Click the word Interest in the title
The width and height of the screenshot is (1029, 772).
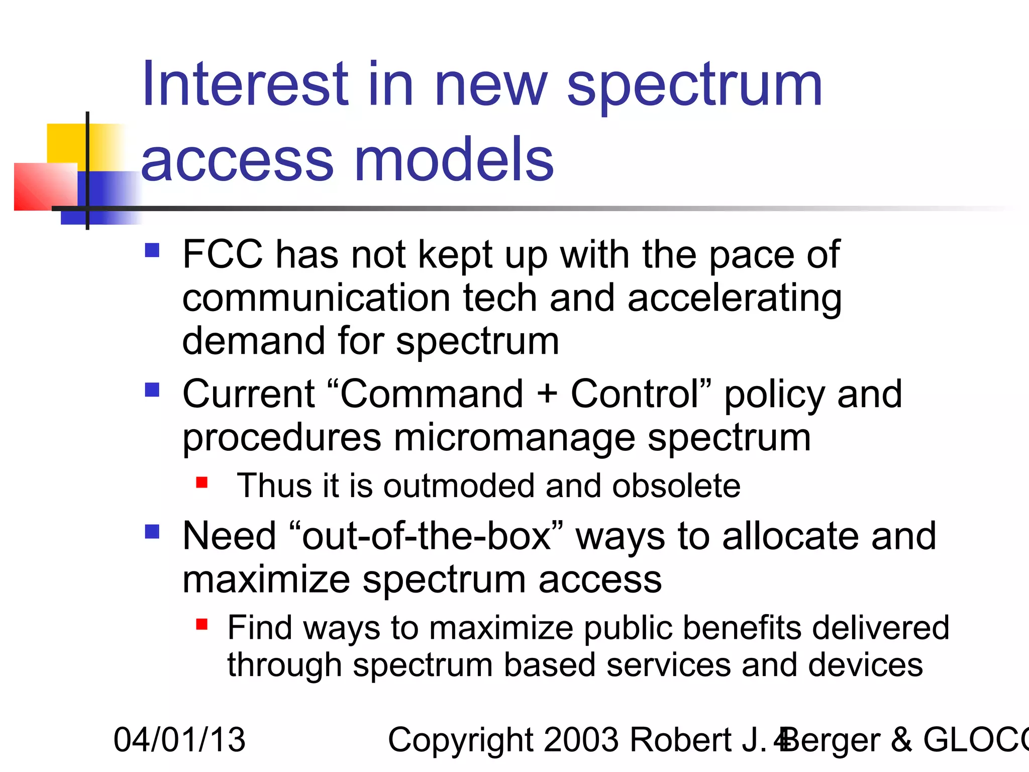click(x=245, y=84)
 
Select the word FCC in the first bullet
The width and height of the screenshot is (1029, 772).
click(x=223, y=254)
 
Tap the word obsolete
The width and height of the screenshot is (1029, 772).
click(x=676, y=486)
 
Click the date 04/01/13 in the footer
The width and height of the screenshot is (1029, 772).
click(x=179, y=740)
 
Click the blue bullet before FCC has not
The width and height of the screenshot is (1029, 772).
click(x=152, y=250)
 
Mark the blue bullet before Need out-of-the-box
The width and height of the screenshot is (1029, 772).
click(x=152, y=532)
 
